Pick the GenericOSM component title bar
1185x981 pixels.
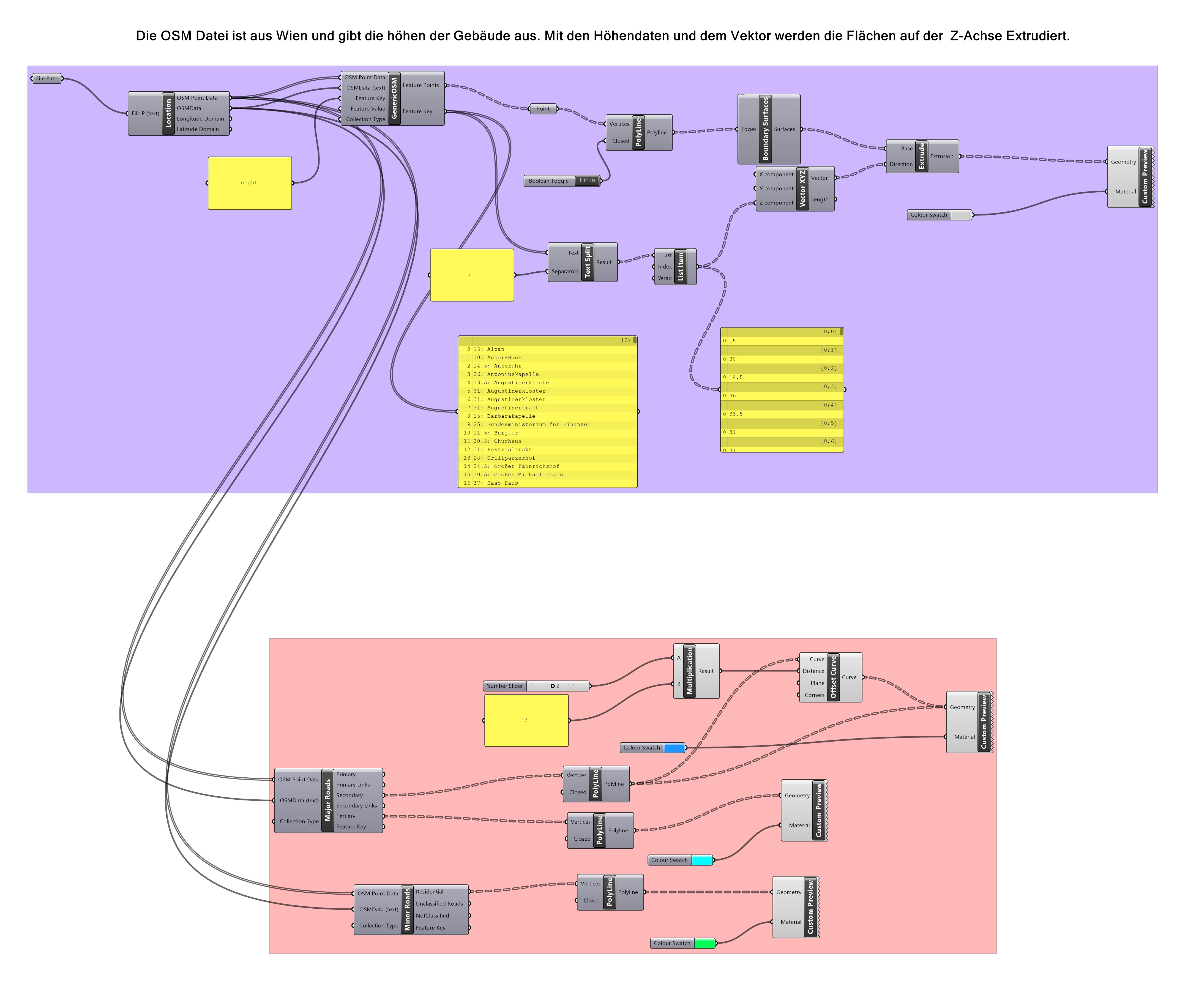point(394,98)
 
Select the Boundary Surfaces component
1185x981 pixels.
point(765,129)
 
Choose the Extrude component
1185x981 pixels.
point(921,156)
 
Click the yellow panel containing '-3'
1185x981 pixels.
point(526,720)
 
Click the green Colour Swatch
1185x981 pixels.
point(704,943)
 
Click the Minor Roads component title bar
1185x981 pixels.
point(407,909)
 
